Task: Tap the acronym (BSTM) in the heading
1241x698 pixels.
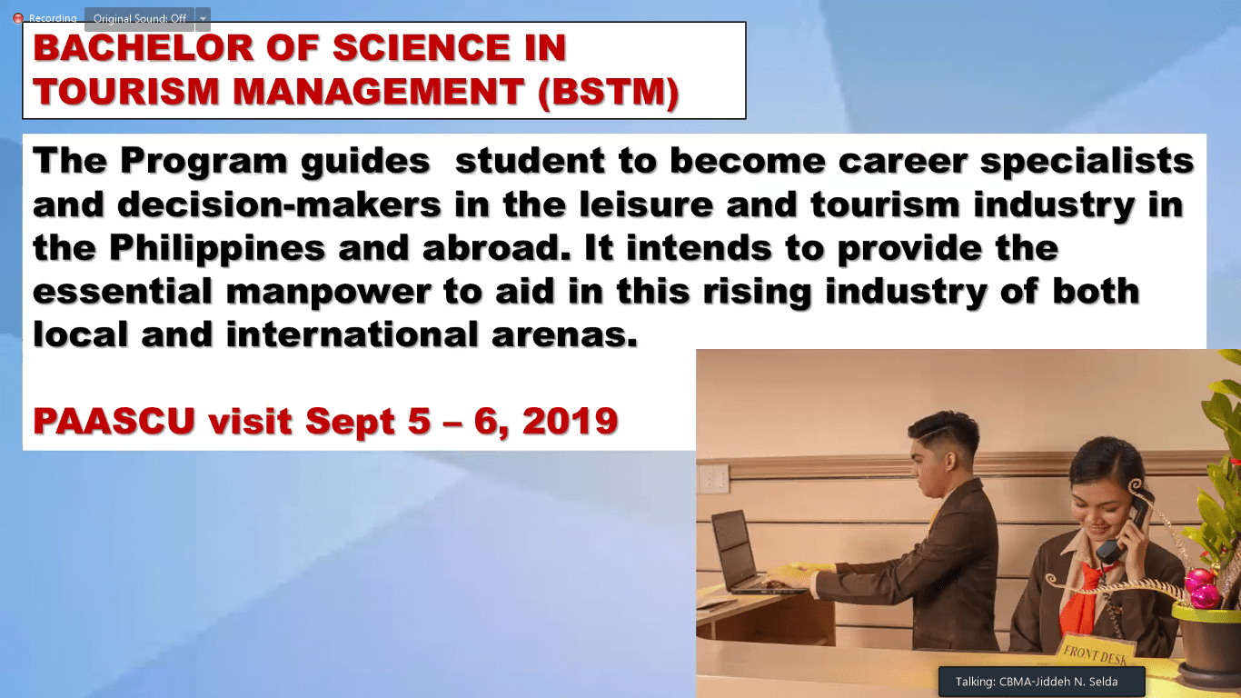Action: pos(609,92)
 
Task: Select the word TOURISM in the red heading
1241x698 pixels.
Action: pos(126,92)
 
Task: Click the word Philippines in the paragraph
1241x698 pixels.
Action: pos(217,248)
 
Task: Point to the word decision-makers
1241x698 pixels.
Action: pos(279,204)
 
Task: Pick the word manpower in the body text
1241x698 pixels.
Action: pos(329,293)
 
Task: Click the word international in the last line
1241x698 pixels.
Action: pos(352,334)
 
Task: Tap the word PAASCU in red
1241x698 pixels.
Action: pos(114,421)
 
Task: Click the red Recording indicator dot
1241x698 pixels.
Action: pos(18,18)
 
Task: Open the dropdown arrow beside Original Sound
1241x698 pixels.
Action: pos(203,19)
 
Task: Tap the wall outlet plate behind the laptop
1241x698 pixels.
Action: pos(713,479)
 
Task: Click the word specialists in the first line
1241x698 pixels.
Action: pos(1087,162)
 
